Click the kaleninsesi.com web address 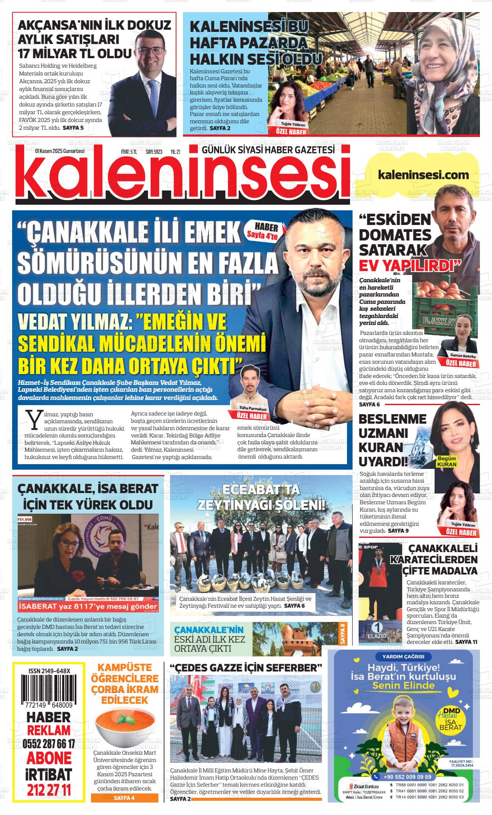click(423, 175)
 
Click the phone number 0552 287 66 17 click(49, 744)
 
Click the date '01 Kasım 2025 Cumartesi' click(60, 151)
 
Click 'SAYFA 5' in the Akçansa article click(73, 128)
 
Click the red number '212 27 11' click(49, 790)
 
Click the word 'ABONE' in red click(49, 758)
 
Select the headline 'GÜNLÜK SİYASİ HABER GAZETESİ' click(268, 150)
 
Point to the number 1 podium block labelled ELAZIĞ click(378, 631)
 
